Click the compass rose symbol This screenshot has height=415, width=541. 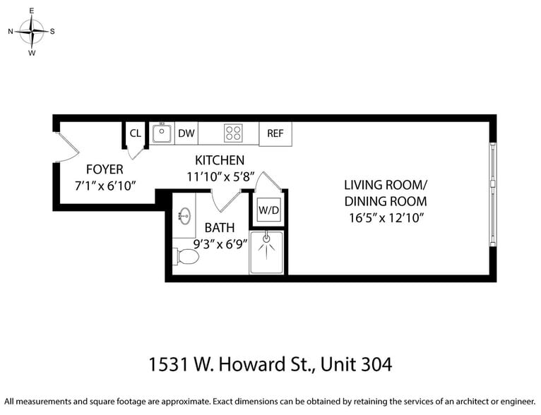(32, 31)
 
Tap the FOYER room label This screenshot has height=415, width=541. (105, 169)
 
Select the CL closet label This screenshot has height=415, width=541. (135, 133)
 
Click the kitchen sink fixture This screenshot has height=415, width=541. (162, 133)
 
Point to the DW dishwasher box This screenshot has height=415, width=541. (186, 133)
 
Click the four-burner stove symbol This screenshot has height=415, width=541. (233, 133)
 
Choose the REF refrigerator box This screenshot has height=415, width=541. (275, 133)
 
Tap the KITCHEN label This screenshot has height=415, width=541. (220, 160)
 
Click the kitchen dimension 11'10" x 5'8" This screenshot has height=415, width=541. (220, 177)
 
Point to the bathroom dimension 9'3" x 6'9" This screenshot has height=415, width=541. (219, 245)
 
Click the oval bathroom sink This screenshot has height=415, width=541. (186, 216)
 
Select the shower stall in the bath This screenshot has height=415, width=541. (267, 253)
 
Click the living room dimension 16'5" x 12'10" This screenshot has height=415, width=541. (386, 218)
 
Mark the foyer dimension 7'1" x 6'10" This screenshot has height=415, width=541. (105, 186)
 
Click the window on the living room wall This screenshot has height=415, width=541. (492, 195)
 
